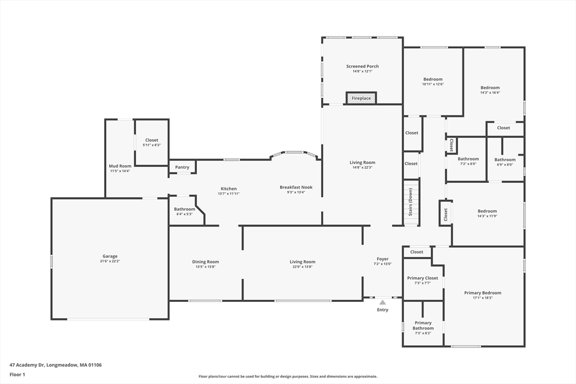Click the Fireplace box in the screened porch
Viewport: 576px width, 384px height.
(361, 98)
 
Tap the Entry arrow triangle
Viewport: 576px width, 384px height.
(382, 302)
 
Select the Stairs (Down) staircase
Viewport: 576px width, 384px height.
(411, 202)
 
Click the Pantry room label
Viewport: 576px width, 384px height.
(182, 167)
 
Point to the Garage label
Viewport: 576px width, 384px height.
(110, 256)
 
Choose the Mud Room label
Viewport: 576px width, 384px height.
(120, 166)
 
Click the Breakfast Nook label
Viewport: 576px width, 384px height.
(296, 187)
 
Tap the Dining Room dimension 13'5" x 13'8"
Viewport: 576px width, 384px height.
(205, 267)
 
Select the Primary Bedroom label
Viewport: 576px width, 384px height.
(483, 293)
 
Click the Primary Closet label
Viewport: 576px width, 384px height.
(422, 278)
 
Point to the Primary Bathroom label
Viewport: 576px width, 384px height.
(423, 326)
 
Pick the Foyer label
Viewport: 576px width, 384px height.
(382, 259)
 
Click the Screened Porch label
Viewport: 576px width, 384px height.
(363, 66)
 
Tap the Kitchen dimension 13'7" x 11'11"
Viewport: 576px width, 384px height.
(228, 193)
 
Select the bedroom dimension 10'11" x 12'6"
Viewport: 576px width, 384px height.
(433, 84)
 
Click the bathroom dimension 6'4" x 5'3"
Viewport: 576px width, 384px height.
(184, 214)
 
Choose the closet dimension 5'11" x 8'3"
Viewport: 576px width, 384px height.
(152, 145)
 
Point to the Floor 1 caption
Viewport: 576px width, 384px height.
(17, 375)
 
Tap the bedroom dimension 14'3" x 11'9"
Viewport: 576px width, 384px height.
(487, 216)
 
